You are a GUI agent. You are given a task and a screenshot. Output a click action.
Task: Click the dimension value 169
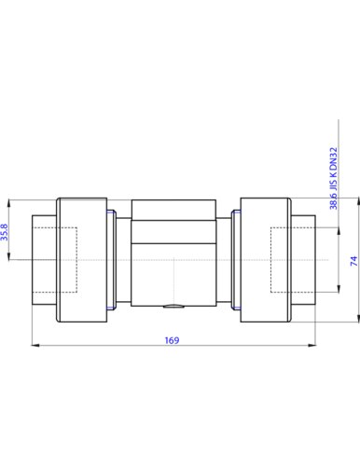(x=172, y=340)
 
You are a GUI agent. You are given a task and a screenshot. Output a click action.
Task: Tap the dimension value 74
(x=354, y=261)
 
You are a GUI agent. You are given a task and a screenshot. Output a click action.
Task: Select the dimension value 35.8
(x=5, y=232)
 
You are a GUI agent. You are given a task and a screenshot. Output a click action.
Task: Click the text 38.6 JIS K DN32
(x=333, y=178)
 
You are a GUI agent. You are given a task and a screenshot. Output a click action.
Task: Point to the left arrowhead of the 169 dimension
(x=35, y=345)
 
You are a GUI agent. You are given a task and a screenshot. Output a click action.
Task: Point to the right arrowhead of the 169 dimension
(x=312, y=345)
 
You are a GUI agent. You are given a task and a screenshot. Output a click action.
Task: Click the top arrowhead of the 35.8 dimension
(x=9, y=203)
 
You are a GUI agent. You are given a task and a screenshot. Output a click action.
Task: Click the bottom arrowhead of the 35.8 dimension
(x=9, y=255)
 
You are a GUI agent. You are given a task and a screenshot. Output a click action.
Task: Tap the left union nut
(x=82, y=260)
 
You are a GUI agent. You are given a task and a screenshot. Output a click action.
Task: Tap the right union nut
(x=266, y=260)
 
